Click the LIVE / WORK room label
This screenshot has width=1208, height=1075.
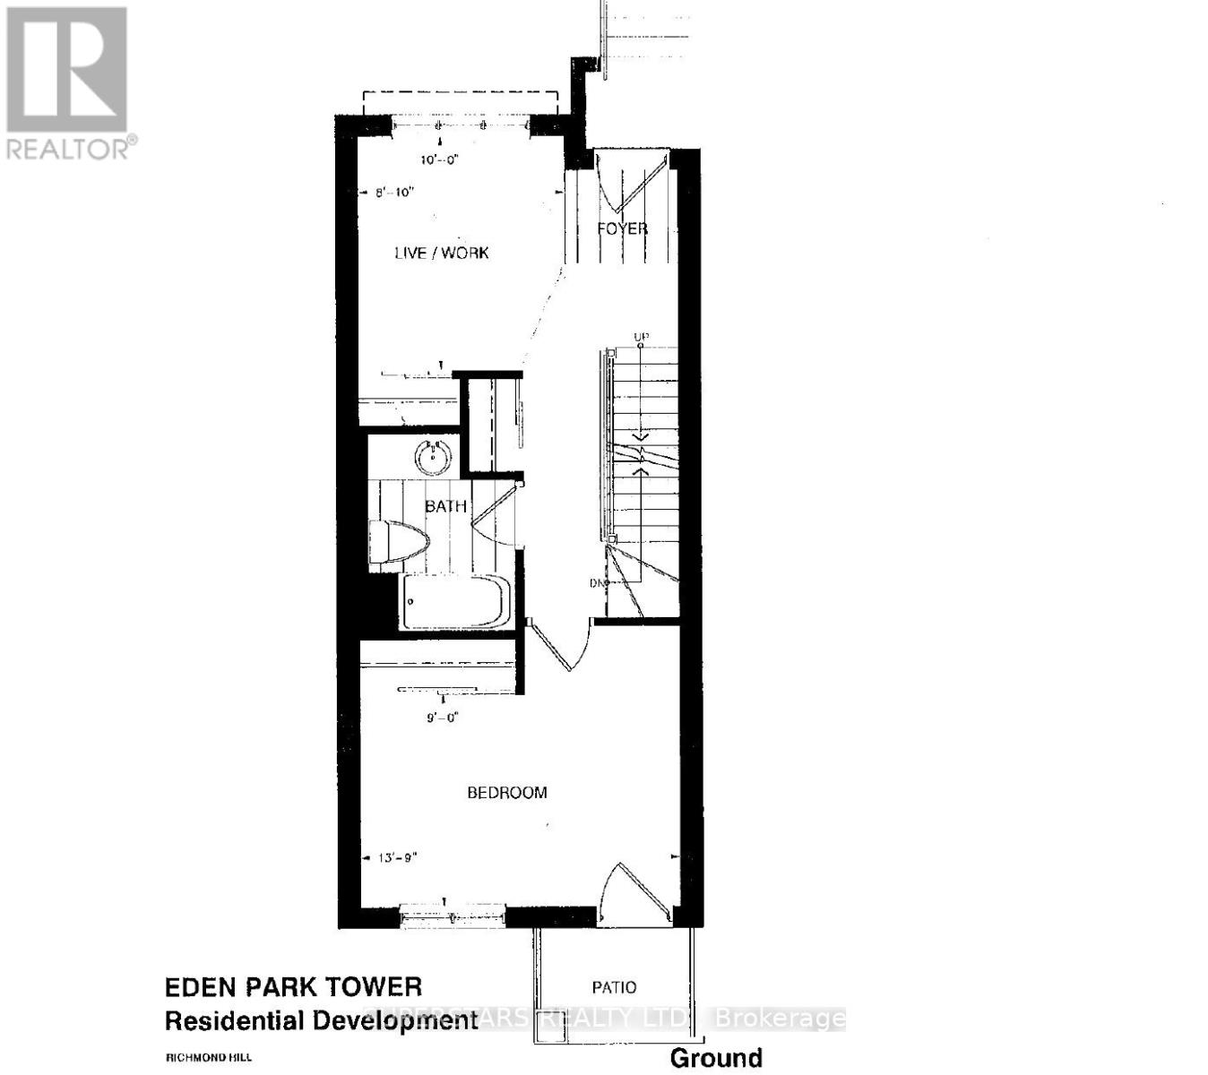pyautogui.click(x=442, y=253)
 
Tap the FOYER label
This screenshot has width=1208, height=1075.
pyautogui.click(x=622, y=228)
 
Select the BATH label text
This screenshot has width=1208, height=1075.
pyautogui.click(x=445, y=506)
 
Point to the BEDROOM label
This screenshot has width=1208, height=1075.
pyautogui.click(x=507, y=793)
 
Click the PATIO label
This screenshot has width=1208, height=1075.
pyautogui.click(x=615, y=987)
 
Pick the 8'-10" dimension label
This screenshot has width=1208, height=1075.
pyautogui.click(x=394, y=192)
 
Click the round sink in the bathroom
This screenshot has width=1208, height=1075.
pyautogui.click(x=433, y=457)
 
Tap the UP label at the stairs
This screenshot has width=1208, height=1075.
pyautogui.click(x=641, y=338)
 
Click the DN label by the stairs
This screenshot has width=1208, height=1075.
pyautogui.click(x=598, y=584)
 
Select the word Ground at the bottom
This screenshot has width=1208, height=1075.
pyautogui.click(x=716, y=1058)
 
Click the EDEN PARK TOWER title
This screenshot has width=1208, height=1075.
pyautogui.click(x=293, y=987)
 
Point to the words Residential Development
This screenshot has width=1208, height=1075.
pyautogui.click(x=321, y=1020)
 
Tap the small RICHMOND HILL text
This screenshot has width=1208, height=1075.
pyautogui.click(x=202, y=1058)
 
